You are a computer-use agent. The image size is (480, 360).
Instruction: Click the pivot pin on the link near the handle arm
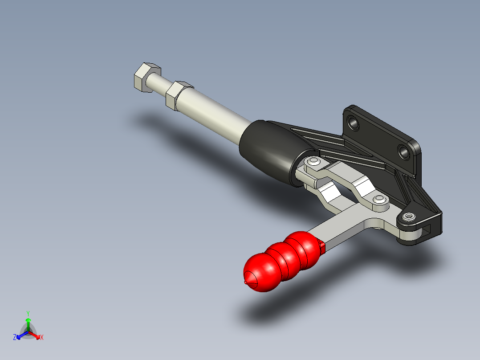(x=379, y=199)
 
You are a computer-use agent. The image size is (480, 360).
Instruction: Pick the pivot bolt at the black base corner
(x=409, y=217)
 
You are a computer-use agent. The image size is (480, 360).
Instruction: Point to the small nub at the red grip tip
(x=246, y=282)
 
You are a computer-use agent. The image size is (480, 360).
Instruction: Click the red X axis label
(x=42, y=337)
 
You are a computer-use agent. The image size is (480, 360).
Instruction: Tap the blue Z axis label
(x=15, y=337)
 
